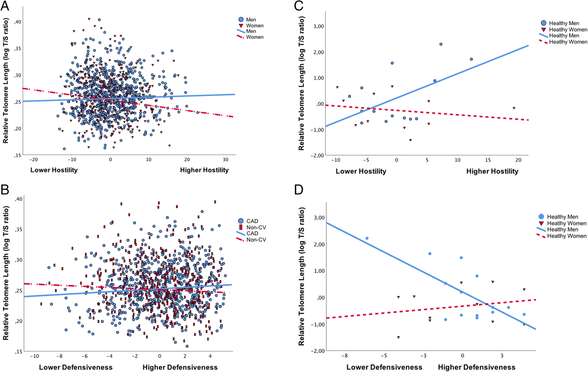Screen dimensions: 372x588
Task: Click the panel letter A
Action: click(5, 6)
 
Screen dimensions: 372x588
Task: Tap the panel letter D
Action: click(299, 190)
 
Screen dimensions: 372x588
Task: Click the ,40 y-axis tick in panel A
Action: click(18, 22)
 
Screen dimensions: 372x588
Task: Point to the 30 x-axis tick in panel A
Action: click(225, 159)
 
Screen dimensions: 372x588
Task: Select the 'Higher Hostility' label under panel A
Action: click(204, 170)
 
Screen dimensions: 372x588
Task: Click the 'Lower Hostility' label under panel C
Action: click(361, 171)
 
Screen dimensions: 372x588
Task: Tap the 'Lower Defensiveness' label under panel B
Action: click(76, 367)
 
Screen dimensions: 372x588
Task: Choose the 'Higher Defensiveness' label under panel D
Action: click(477, 367)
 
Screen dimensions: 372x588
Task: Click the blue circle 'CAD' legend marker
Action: click(241, 221)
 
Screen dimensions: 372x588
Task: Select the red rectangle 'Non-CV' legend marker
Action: click(241, 227)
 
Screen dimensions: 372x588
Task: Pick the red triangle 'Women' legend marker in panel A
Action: click(241, 26)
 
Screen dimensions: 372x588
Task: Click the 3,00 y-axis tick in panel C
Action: click(318, 26)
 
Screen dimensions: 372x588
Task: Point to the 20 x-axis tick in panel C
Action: click(518, 160)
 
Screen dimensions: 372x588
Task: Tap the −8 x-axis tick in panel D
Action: click(344, 356)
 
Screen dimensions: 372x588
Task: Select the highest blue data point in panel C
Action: click(441, 44)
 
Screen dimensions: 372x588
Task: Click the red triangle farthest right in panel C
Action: click(514, 108)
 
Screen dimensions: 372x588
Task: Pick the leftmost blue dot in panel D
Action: click(367, 238)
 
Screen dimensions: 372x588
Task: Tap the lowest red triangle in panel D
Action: click(399, 337)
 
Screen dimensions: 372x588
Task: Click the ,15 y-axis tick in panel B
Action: click(18, 351)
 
